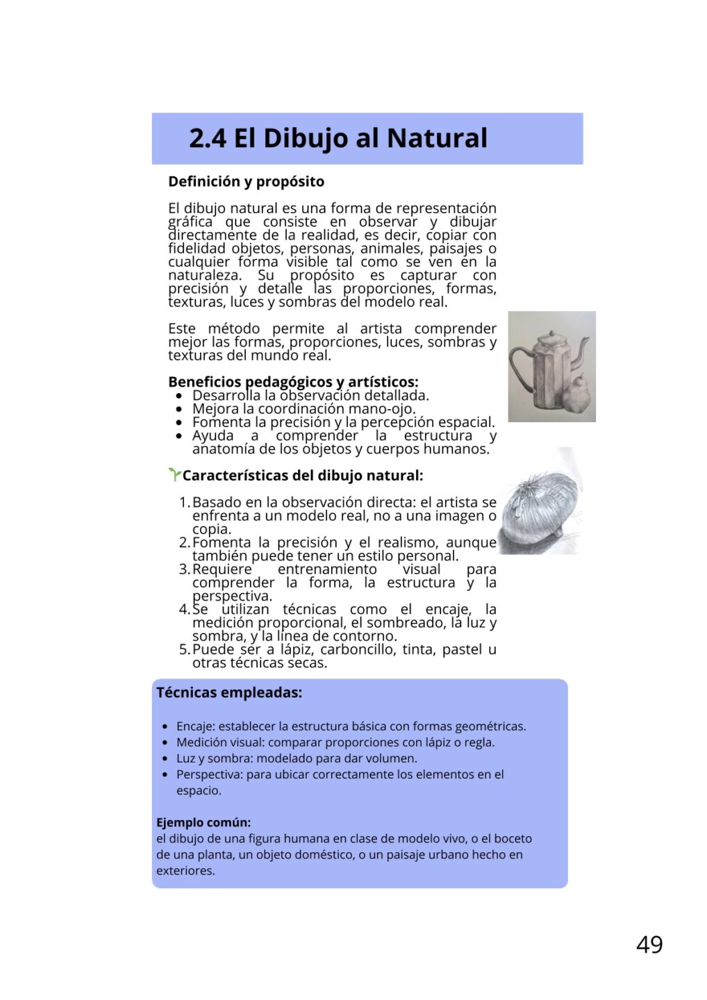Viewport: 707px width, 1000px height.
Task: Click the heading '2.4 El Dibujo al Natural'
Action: coord(338,138)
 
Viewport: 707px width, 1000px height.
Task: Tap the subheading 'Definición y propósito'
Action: coord(246,182)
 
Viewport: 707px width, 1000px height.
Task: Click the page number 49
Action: coord(649,944)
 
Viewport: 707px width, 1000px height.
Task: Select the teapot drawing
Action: coord(551,366)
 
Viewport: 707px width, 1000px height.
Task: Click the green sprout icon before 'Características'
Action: coord(174,474)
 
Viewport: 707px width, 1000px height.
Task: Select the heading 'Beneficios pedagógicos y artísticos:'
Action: coord(293,382)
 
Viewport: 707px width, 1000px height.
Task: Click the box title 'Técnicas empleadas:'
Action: coord(229,692)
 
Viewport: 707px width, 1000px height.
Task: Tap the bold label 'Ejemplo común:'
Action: coord(203,822)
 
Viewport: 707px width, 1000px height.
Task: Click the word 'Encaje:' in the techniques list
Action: coord(196,726)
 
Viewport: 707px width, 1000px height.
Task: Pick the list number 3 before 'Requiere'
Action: coord(184,569)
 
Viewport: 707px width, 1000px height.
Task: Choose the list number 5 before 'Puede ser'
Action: coord(184,649)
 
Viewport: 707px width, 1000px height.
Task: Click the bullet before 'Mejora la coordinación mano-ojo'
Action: coord(179,409)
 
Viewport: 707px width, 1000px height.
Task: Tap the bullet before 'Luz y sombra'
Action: coord(165,758)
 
